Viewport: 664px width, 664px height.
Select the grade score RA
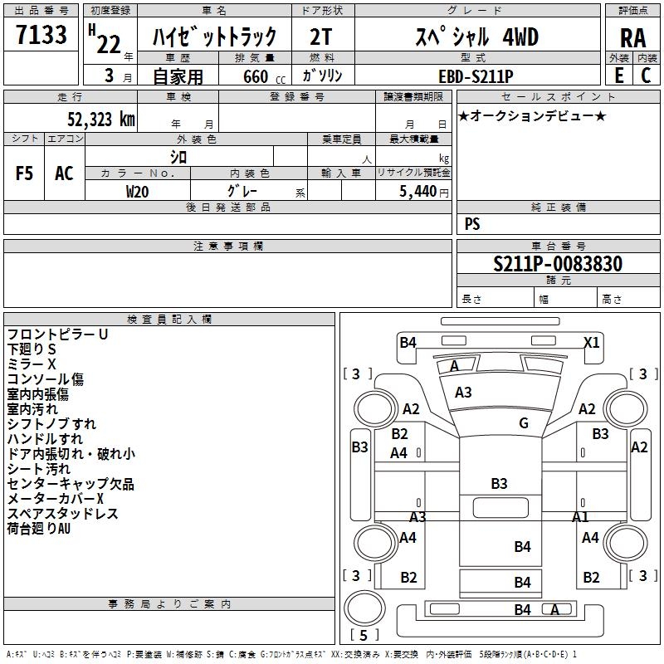click(632, 38)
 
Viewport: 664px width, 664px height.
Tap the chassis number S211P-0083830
click(558, 265)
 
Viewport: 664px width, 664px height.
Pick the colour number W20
click(138, 191)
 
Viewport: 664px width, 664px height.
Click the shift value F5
click(25, 173)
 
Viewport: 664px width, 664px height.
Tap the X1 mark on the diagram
click(592, 342)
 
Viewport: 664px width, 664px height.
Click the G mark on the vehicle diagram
click(524, 423)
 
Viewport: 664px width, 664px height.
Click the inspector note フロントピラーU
click(58, 334)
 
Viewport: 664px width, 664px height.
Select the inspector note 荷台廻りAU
click(39, 528)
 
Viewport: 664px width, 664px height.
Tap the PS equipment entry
click(472, 224)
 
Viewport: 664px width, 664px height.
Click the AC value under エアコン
click(64, 173)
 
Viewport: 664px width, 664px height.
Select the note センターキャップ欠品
click(71, 484)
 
